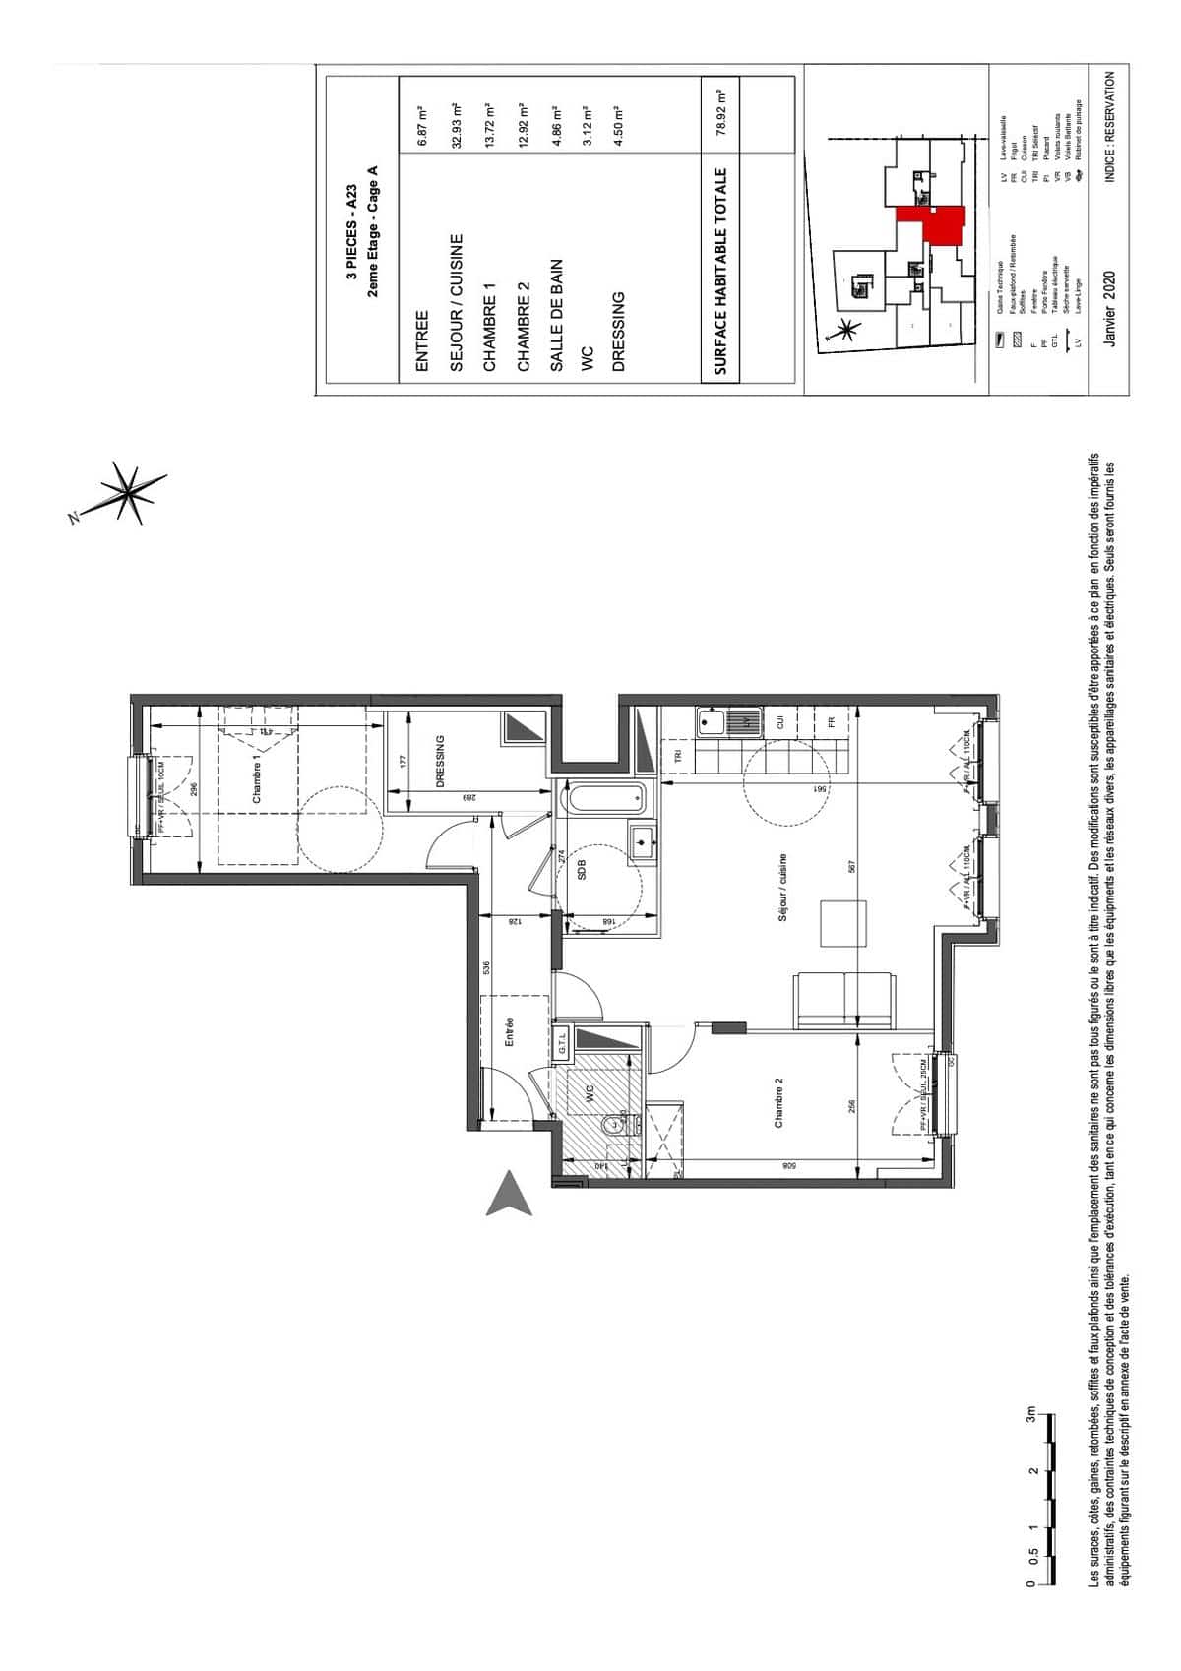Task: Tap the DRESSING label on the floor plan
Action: [x=440, y=761]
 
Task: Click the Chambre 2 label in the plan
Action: [x=777, y=1101]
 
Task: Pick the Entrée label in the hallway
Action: [x=510, y=1032]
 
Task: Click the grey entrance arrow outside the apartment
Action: [x=511, y=1194]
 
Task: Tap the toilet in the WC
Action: [x=616, y=1123]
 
